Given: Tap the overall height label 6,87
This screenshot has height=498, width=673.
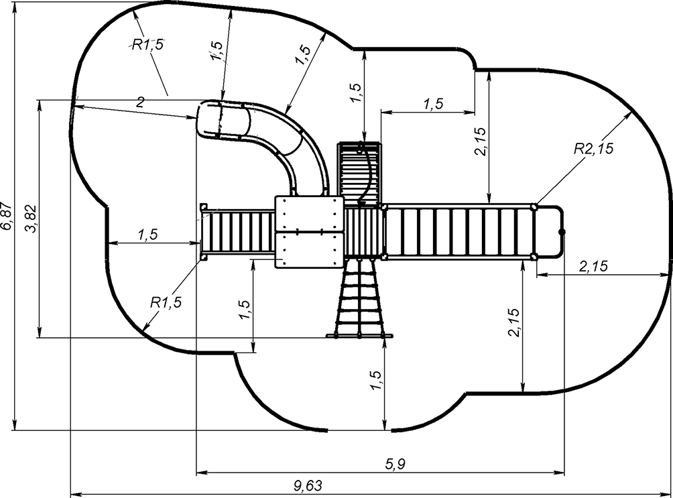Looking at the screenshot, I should point(7,215).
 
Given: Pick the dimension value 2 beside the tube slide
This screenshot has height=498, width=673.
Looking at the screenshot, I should point(140,102).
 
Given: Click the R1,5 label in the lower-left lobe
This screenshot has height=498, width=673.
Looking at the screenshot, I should point(166,302).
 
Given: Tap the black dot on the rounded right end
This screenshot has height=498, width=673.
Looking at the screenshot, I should point(562,232).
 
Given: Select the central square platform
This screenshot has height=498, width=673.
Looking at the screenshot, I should point(309,231).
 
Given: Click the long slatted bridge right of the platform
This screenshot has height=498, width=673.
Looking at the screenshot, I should point(459,232).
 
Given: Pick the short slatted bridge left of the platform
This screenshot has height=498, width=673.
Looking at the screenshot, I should point(239,232).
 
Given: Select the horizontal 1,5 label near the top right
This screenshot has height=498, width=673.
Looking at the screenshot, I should point(434,103).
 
